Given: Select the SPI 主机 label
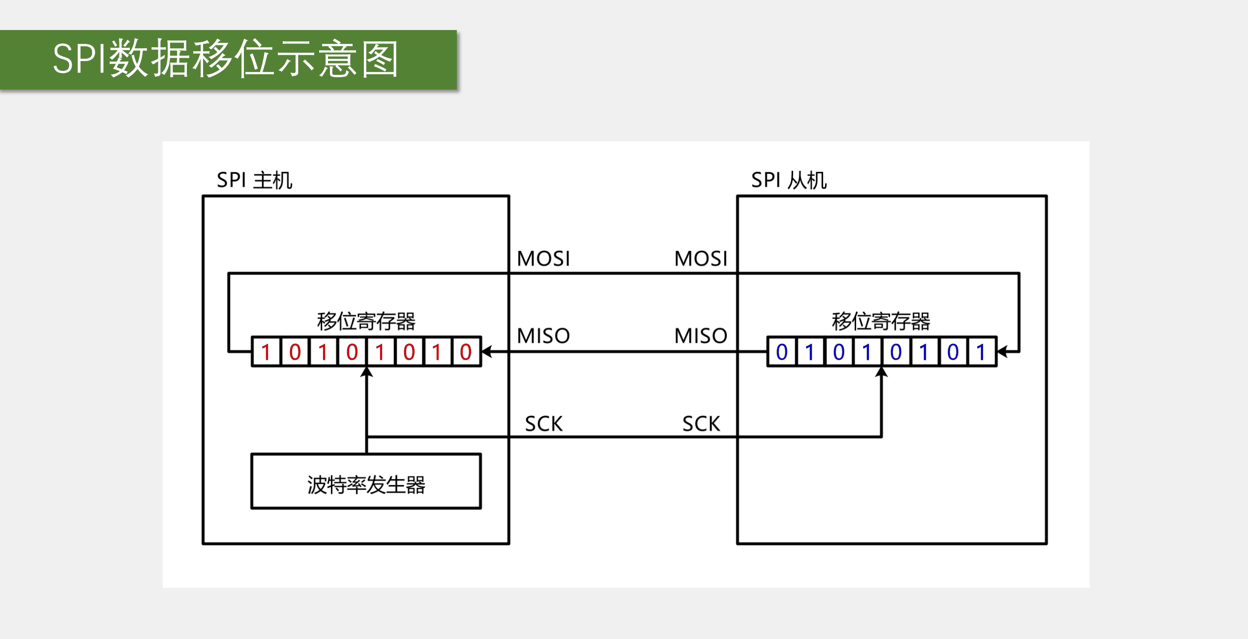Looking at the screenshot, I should (x=254, y=180).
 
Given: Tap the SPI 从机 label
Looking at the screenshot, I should (x=788, y=180).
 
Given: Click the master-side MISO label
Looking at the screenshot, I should (x=543, y=336).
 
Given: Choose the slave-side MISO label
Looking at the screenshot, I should (x=701, y=336).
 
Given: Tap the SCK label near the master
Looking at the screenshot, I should (x=543, y=424).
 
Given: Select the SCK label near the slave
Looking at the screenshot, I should (x=701, y=424).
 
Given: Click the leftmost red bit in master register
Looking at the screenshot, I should (x=266, y=352).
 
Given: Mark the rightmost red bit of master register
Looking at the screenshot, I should (x=466, y=352).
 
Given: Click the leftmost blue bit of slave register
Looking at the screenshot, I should (x=781, y=352).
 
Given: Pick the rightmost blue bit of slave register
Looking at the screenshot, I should (x=981, y=352).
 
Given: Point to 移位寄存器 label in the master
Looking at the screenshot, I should (x=366, y=321).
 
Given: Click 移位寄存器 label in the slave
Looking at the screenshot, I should (x=881, y=321).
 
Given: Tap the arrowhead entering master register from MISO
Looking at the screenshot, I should (x=486, y=351).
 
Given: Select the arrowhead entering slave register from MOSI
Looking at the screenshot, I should (x=1002, y=351).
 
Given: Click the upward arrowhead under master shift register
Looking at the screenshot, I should (x=366, y=372).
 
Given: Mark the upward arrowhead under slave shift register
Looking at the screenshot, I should (x=881, y=372).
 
